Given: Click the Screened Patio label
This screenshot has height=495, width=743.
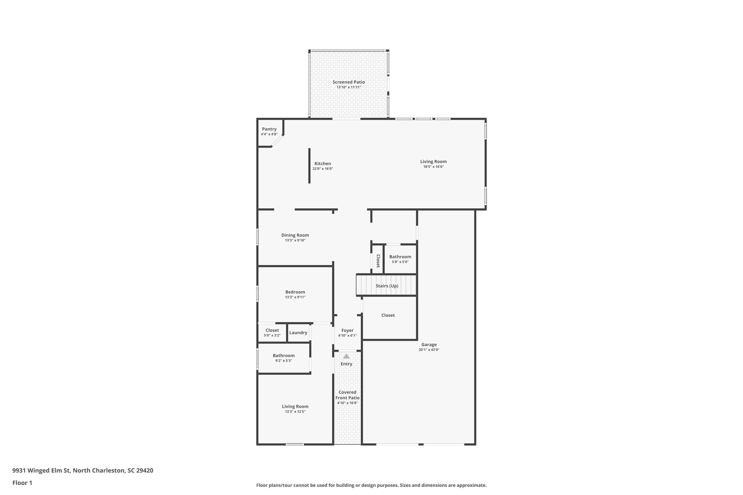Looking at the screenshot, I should point(348,82).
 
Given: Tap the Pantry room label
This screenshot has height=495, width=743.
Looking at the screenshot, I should point(269,129).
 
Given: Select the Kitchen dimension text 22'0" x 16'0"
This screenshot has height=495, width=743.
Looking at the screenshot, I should point(322,169).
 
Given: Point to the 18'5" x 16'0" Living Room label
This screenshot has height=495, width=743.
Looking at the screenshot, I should point(433,162).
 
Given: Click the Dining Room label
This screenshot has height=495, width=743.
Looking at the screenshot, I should point(295,235).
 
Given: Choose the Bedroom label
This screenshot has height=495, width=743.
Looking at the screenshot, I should point(295,292).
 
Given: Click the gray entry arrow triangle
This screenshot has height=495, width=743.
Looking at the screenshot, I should point(346,356).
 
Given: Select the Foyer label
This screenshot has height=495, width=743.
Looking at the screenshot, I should point(347,330).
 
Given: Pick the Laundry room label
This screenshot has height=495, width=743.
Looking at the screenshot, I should point(298,333).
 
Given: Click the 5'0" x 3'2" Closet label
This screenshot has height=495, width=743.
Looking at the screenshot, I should point(272,330).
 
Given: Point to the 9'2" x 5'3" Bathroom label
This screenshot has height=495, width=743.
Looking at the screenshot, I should point(284,355).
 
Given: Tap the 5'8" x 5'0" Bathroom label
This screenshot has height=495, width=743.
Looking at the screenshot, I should point(400,257).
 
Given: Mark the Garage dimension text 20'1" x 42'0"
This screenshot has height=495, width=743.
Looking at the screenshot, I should point(429,350).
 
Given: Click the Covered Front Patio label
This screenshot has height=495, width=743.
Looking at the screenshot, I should point(347,395).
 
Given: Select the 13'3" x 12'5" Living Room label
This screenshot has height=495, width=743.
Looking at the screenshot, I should point(295,407).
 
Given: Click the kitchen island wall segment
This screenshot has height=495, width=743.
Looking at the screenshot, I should point(309,166).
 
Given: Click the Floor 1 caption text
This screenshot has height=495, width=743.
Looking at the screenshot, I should point(22,483).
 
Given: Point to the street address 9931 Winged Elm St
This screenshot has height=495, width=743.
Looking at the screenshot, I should point(41,470).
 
